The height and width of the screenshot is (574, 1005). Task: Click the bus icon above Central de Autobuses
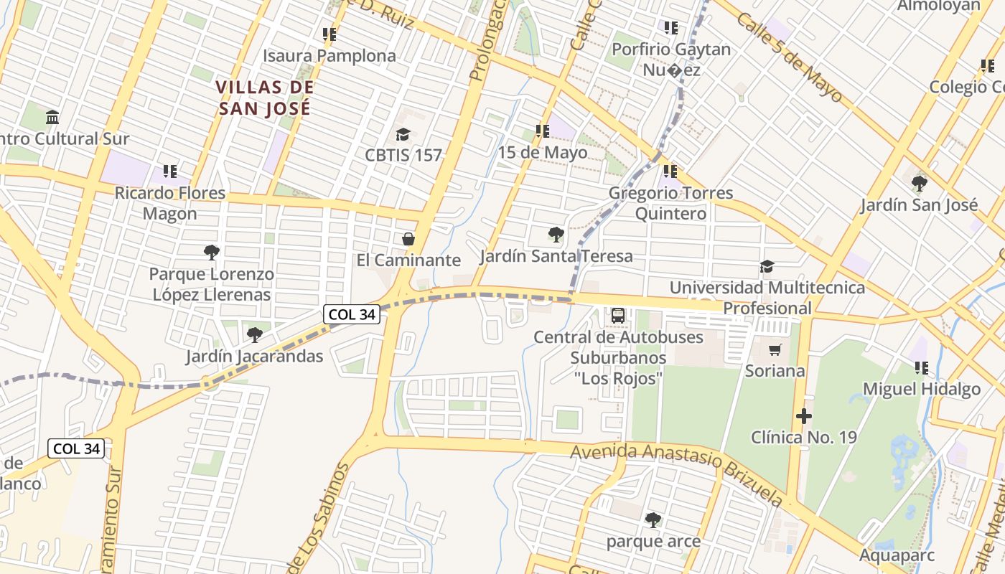(617, 315)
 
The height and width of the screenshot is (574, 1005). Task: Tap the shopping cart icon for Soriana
(775, 349)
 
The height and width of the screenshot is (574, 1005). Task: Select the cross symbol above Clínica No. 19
(804, 415)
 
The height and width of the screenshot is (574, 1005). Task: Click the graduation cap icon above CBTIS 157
(403, 134)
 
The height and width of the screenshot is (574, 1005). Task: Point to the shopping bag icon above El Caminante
(408, 239)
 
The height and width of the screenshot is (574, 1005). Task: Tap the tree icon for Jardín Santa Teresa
(556, 235)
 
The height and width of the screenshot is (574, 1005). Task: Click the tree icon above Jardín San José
(919, 184)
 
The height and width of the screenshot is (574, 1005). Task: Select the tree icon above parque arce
(653, 519)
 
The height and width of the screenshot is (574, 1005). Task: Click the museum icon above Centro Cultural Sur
(52, 117)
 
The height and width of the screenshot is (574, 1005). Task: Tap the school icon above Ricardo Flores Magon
(169, 171)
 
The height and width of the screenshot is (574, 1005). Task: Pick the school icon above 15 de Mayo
(542, 131)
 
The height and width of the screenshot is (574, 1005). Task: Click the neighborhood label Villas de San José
(265, 98)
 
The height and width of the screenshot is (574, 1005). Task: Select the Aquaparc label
(897, 555)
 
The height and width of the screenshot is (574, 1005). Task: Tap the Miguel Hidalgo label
(921, 389)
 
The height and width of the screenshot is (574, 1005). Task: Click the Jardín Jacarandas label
(255, 356)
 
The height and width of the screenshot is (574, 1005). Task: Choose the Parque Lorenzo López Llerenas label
(211, 284)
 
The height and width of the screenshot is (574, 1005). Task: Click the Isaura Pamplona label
(329, 56)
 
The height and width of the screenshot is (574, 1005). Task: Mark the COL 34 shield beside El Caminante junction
(352, 314)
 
